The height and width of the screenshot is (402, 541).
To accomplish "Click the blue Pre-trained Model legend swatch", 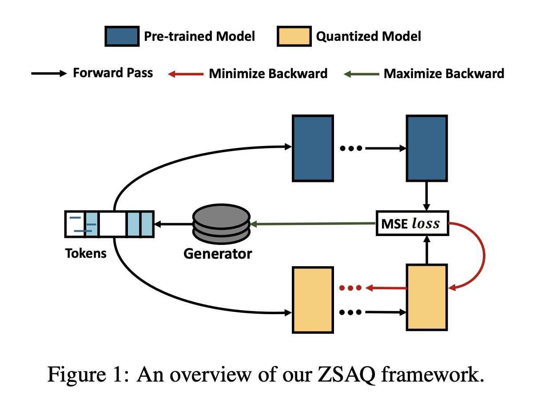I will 121,36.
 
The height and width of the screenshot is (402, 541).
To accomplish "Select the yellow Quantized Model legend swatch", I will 294,36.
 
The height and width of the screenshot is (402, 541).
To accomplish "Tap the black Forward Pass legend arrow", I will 48,74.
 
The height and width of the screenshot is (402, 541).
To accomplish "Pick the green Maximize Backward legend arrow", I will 361,74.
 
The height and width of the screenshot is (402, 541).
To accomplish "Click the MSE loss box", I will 411,224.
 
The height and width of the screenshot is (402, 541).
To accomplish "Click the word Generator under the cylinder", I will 218,254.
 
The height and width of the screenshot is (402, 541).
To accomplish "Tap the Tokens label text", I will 86,253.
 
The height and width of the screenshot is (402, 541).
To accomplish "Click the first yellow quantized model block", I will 312,300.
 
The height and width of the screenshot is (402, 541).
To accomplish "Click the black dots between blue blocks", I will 351,148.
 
